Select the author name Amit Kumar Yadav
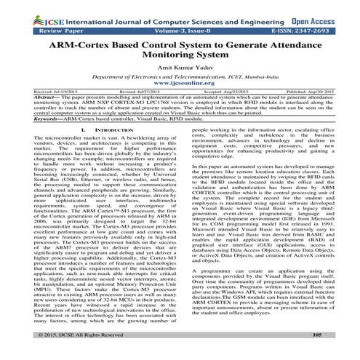tap(180, 73)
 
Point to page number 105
tap(316, 354)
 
